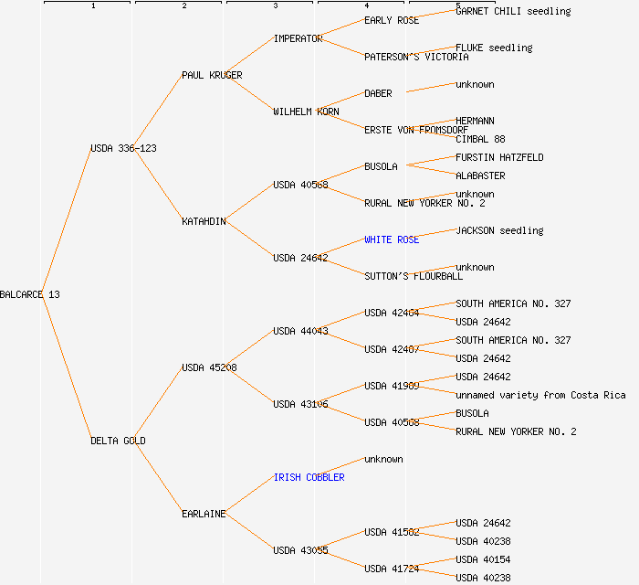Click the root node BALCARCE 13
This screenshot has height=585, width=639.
pos(30,294)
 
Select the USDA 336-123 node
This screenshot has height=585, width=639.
pos(123,148)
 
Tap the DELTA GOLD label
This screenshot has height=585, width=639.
pos(118,441)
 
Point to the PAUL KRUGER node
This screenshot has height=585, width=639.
pos(212,75)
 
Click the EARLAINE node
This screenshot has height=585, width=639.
pos(204,514)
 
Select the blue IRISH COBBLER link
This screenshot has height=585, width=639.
pos(309,477)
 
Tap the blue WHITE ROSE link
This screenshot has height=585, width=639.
pos(392,239)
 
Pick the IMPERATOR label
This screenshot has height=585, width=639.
pos(298,38)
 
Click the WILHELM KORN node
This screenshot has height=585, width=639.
pos(306,112)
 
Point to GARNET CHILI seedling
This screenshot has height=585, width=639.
pos(513,11)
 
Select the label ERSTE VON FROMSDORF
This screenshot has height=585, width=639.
pos(416,130)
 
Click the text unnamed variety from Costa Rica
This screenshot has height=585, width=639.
pos(540,395)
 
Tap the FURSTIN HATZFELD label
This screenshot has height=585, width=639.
pos(499,157)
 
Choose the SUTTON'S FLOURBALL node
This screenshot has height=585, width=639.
pos(414,276)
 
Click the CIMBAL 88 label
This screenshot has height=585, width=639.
pos(480,139)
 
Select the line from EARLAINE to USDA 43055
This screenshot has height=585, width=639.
pos(249,532)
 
